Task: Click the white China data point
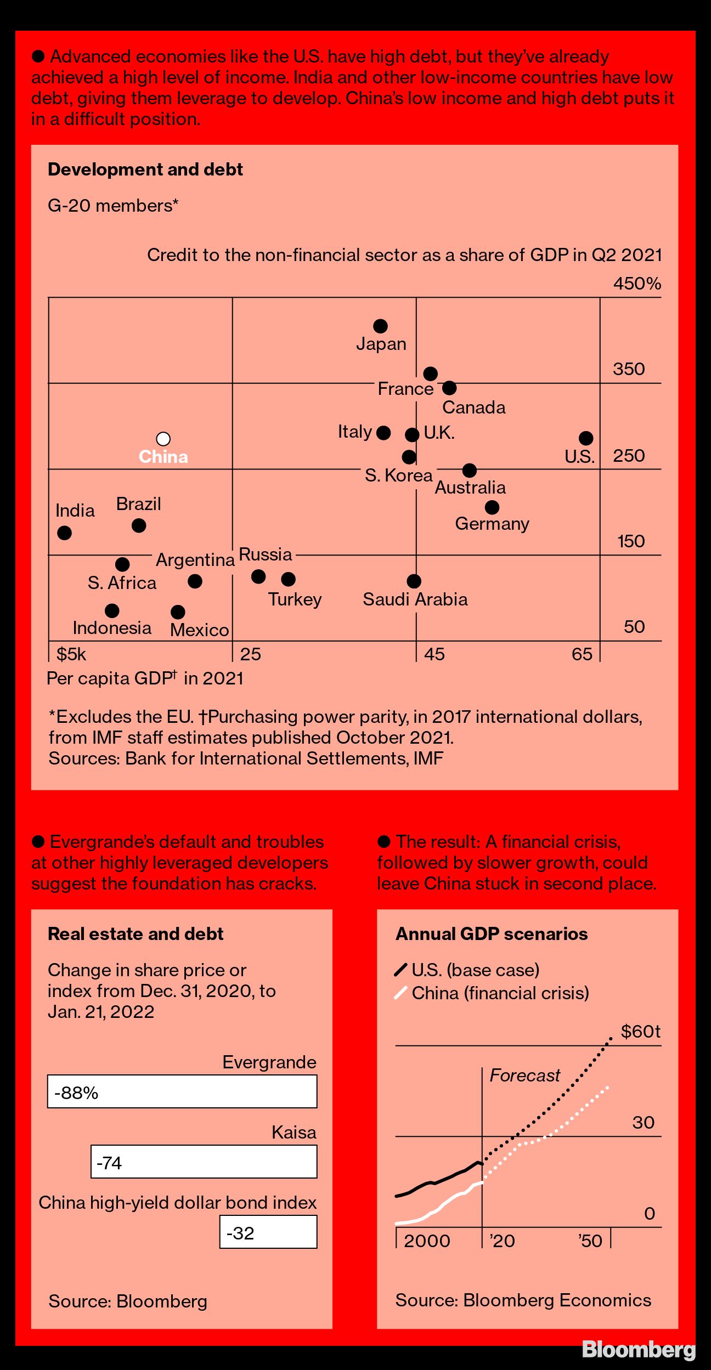[163, 439]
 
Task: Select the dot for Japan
[380, 326]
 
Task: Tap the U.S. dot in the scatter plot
[586, 438]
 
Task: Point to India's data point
[64, 533]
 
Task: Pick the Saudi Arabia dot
[414, 581]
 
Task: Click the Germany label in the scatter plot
[492, 524]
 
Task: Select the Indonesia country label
[112, 628]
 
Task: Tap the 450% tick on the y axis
[637, 284]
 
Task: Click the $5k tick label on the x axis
[71, 654]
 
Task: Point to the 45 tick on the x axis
[434, 654]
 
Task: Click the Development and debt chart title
[145, 169]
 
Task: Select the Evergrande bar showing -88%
[182, 1091]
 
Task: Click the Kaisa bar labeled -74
[204, 1162]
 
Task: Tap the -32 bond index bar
[268, 1232]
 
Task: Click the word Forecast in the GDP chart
[524, 1075]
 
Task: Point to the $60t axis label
[640, 1032]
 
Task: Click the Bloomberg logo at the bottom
[638, 1349]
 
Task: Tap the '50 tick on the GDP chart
[590, 1241]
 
